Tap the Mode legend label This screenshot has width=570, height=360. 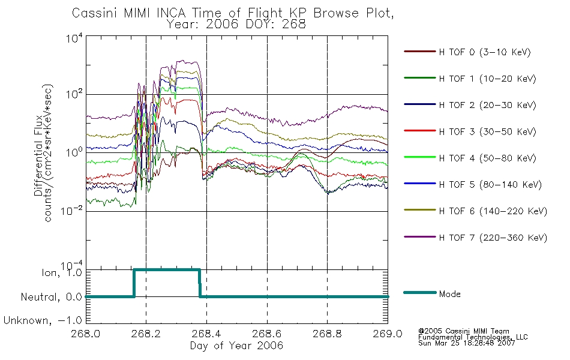[x=449, y=294]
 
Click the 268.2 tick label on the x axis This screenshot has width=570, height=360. [x=146, y=334]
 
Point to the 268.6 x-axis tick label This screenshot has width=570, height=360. [x=267, y=334]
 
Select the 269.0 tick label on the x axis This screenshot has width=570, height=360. [x=388, y=334]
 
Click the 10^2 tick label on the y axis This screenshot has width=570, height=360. [x=74, y=94]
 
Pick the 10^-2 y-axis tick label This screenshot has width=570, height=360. [x=72, y=211]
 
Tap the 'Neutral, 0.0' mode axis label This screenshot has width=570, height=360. [x=51, y=297]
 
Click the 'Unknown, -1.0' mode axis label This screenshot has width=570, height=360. [x=43, y=321]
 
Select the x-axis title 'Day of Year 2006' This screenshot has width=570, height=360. [x=236, y=346]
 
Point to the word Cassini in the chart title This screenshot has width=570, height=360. [x=95, y=13]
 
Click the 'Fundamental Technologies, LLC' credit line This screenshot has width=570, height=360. [x=473, y=337]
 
